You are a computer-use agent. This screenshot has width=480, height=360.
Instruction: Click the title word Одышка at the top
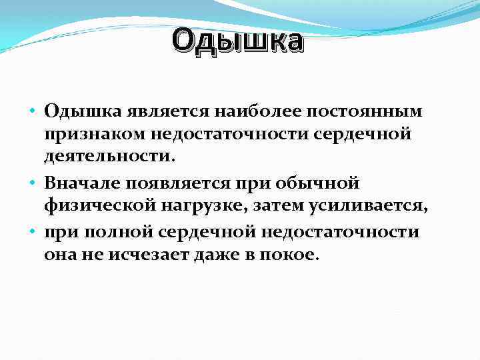(237, 41)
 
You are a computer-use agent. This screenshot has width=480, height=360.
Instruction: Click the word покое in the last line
(294, 255)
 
